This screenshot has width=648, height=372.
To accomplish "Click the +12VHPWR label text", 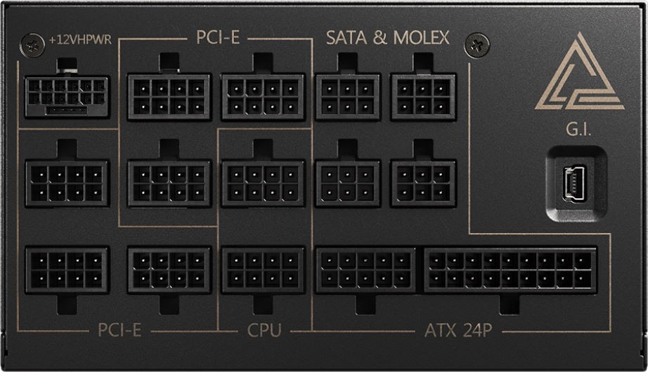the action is click(x=80, y=39).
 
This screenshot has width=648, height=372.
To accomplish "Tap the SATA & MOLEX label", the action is click(x=387, y=37).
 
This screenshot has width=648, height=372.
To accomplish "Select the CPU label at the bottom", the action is click(x=264, y=331).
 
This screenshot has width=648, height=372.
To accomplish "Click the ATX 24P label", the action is click(x=458, y=331).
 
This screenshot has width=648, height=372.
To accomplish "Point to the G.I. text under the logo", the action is click(x=578, y=129).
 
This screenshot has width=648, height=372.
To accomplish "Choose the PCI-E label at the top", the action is click(x=218, y=37).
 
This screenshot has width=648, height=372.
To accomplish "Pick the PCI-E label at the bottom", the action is click(x=119, y=331).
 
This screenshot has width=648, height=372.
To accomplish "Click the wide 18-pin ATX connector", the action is click(x=510, y=270).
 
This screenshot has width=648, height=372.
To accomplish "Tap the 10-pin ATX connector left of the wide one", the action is click(x=365, y=270).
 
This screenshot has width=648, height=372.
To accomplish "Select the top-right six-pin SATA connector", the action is click(x=423, y=97).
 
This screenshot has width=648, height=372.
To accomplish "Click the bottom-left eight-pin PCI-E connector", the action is click(x=67, y=270).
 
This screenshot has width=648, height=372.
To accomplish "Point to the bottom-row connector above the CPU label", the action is click(x=263, y=270).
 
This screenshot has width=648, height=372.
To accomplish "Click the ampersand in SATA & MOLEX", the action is click(x=380, y=38).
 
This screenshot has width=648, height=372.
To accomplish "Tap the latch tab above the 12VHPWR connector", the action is click(x=67, y=66).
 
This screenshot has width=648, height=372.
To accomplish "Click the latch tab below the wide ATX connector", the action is click(x=510, y=303).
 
